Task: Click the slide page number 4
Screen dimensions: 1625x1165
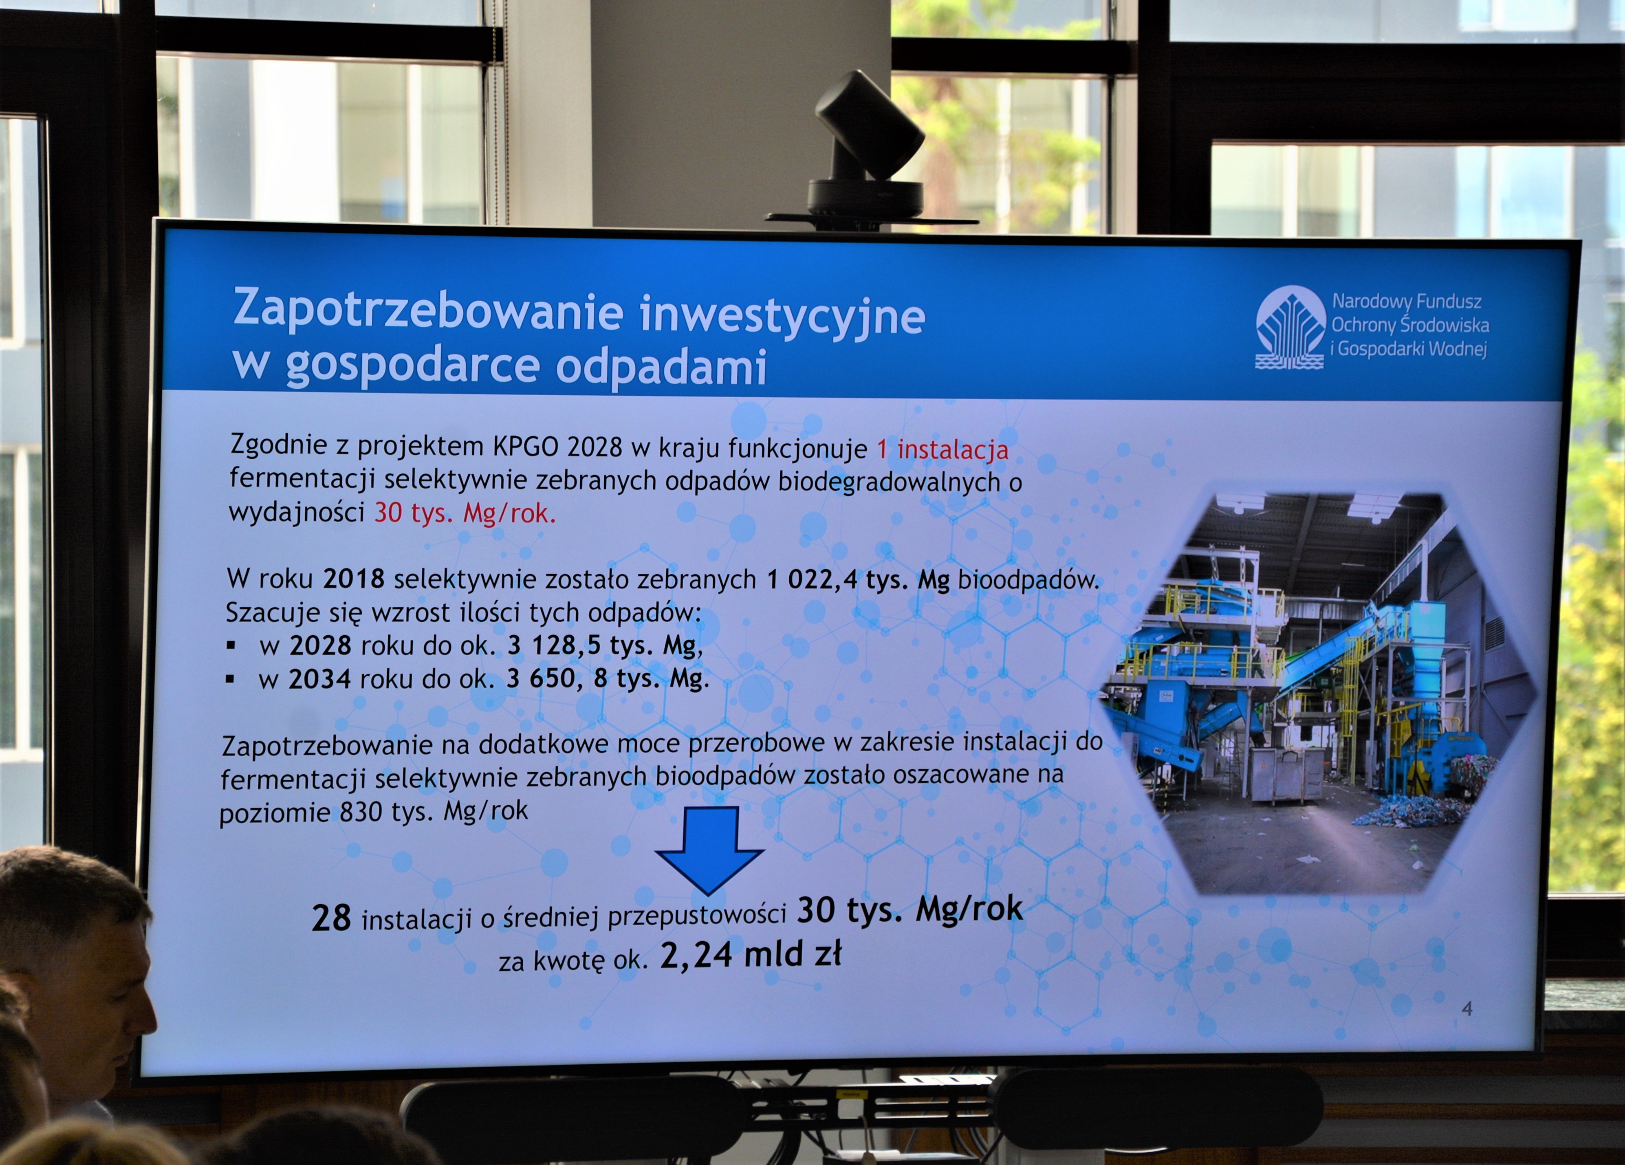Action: pyautogui.click(x=1466, y=1009)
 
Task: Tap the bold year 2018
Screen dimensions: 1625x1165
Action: pyautogui.click(x=354, y=578)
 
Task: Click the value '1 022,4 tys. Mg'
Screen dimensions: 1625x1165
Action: pyautogui.click(x=859, y=579)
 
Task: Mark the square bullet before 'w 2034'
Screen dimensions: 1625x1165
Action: pyautogui.click(x=230, y=678)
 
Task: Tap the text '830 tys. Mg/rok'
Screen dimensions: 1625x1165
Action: pyautogui.click(x=434, y=812)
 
